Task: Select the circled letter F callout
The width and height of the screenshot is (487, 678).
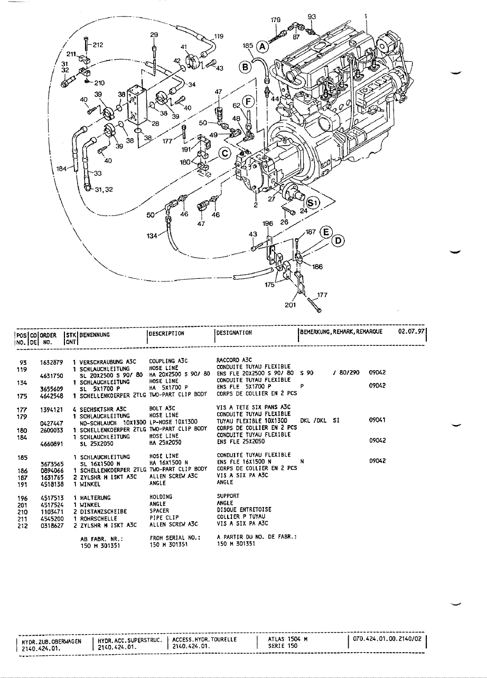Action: tap(247, 101)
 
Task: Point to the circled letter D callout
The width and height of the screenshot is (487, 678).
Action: tap(338, 241)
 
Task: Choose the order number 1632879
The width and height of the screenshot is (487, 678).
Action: tap(51, 361)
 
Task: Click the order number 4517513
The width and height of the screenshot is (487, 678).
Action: tap(51, 497)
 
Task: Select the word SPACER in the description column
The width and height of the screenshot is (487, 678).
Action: tap(159, 511)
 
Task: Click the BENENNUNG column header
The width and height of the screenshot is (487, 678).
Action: tap(95, 334)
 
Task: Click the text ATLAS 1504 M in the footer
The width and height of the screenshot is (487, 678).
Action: tap(287, 639)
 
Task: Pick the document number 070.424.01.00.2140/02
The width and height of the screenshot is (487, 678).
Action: tap(388, 639)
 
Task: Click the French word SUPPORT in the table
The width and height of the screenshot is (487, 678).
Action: tap(228, 496)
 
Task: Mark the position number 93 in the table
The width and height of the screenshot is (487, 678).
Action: tap(23, 361)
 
